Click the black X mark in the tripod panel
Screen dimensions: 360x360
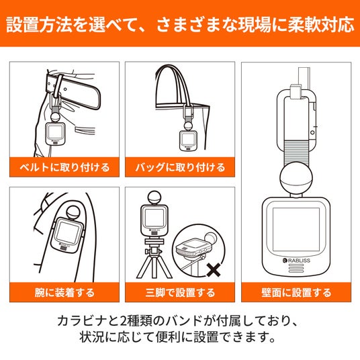[x=214, y=270]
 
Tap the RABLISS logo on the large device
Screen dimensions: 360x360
[x=296, y=261]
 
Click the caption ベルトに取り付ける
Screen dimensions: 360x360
[x=64, y=167]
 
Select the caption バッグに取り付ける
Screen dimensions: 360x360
[x=180, y=167]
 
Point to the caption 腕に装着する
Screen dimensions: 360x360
[x=64, y=293]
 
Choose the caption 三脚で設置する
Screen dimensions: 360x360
[x=180, y=293]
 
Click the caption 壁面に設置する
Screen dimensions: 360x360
[x=296, y=293]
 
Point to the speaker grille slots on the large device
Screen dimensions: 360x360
[x=296, y=269]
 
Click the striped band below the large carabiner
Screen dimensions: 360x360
[x=296, y=152]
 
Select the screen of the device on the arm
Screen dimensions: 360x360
[x=67, y=232]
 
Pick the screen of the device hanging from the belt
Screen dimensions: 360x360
[x=55, y=132]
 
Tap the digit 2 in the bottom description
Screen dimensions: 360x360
[x=124, y=321]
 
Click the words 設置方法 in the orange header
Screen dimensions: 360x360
[x=31, y=24]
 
